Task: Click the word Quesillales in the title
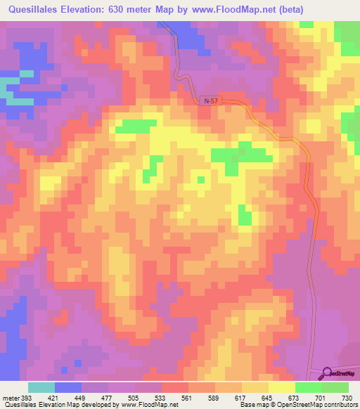tap(41, 10)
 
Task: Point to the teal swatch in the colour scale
tap(41, 387)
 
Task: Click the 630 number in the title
tap(141, 10)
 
